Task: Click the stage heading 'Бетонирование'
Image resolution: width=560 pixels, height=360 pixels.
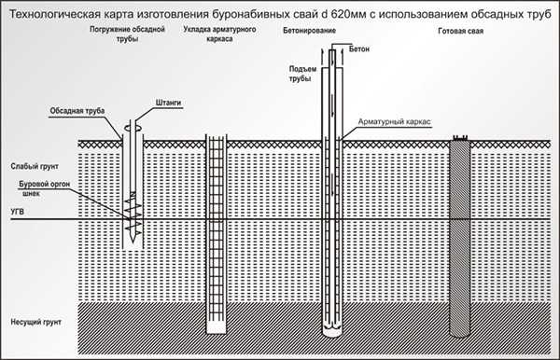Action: pos(309,31)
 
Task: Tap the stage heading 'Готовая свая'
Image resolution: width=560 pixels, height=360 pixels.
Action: pos(460,31)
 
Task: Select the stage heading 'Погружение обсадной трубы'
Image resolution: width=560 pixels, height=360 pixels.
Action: pos(127,34)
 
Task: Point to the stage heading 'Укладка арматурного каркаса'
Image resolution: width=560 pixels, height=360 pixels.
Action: pos(219,34)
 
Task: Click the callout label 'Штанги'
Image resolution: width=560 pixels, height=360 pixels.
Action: pos(168,103)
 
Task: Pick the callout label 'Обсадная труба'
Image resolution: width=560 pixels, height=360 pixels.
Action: pos(77,111)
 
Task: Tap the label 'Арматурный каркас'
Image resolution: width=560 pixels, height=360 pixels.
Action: pos(394,121)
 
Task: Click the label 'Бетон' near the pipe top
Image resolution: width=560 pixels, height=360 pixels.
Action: pos(359,49)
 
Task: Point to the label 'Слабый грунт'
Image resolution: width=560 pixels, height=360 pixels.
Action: pos(35,167)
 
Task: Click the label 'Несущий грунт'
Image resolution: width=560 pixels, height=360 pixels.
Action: pos(35,322)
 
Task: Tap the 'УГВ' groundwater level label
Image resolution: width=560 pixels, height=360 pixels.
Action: pos(17,212)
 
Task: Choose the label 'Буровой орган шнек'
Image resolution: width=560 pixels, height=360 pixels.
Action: pos(44,188)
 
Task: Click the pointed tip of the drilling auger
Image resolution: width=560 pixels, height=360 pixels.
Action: pos(133,242)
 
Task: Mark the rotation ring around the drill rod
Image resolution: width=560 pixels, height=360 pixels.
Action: pos(133,128)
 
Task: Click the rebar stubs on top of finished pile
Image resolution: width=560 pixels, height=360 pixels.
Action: pos(460,138)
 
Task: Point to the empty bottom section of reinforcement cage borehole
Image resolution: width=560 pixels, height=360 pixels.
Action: pos(217,327)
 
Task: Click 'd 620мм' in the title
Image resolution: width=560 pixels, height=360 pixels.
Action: pos(346,14)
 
